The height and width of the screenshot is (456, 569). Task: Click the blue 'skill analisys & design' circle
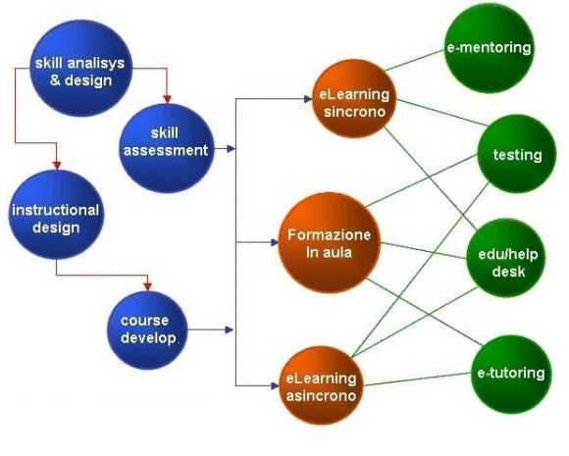tap(80, 69)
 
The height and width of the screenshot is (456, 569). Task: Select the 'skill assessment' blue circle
tap(167, 148)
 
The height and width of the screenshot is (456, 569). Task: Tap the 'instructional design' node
tap(56, 215)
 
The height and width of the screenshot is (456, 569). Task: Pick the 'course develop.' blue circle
tap(148, 329)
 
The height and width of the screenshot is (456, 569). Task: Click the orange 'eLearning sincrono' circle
tap(354, 99)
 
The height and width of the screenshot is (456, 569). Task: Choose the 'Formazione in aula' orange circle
tap(330, 242)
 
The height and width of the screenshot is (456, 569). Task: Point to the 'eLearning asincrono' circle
tap(322, 385)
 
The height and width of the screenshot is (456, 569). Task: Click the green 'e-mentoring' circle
tap(490, 48)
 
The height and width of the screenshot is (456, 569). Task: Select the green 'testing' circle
tap(517, 154)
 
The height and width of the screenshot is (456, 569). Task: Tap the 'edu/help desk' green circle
tap(506, 258)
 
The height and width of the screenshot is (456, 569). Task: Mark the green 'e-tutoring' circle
tap(511, 375)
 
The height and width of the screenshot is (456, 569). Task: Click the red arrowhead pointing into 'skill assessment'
tap(167, 99)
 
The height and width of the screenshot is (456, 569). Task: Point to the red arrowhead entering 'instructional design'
tap(57, 165)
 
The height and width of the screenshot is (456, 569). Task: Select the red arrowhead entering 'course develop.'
tap(147, 286)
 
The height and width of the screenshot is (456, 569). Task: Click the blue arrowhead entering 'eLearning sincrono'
tap(308, 99)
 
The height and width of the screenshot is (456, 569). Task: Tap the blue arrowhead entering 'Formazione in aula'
tap(275, 242)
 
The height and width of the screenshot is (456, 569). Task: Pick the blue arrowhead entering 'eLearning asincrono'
tap(275, 385)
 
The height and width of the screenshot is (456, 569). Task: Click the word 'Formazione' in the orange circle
tap(329, 234)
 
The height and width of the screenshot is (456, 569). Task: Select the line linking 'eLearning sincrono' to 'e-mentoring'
tap(414, 60)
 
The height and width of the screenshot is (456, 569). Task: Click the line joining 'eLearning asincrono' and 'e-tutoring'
tap(418, 380)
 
